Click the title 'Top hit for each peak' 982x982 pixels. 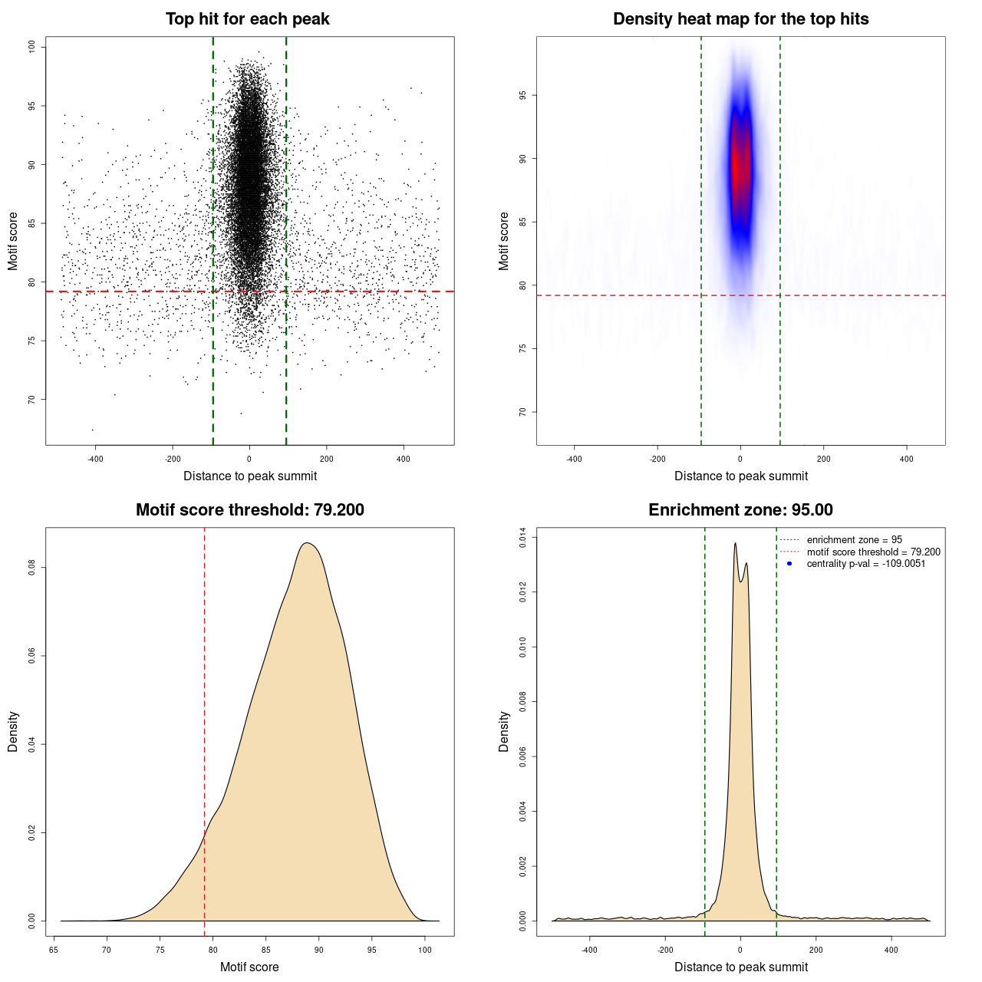tap(247, 19)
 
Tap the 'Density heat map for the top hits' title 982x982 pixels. tap(740, 19)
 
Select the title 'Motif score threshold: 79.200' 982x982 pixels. tap(249, 510)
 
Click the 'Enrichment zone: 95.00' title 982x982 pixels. tap(740, 510)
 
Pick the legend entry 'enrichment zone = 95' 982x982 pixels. tap(854, 540)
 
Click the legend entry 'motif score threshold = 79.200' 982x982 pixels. tap(873, 552)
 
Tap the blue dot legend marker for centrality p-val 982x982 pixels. tap(789, 564)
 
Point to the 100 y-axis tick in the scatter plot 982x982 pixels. tap(32, 47)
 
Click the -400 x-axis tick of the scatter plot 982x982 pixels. tap(95, 459)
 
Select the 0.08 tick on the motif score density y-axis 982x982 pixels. tap(32, 568)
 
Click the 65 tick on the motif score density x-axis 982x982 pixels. tap(54, 950)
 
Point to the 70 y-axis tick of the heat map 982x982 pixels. tap(523, 412)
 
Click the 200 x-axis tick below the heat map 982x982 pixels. tap(823, 459)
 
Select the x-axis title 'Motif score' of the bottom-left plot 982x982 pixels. tap(249, 967)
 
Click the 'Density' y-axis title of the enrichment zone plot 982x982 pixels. tap(504, 731)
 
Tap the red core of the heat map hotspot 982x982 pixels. tap(738, 165)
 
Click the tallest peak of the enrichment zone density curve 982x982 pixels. tap(735, 544)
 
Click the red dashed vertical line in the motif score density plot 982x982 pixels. tap(205, 729)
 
